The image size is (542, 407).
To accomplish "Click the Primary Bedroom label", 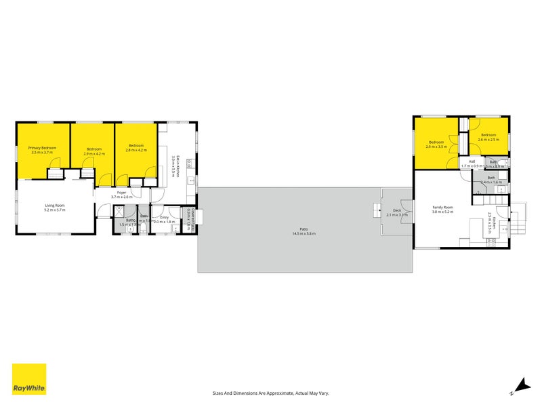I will click(x=42, y=148).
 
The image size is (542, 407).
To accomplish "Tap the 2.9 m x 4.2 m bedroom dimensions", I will click(x=94, y=153).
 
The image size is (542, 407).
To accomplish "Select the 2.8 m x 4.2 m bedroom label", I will click(x=136, y=150).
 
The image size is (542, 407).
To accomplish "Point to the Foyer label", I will click(x=121, y=193).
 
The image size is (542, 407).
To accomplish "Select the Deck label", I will click(x=397, y=210).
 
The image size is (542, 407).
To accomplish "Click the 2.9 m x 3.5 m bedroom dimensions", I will click(x=436, y=147).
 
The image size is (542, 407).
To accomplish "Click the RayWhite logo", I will click(x=29, y=380).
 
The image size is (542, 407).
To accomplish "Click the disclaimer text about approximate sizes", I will click(x=270, y=393).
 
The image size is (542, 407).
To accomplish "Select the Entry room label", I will click(x=165, y=218).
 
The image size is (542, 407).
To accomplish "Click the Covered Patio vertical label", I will click(x=191, y=218).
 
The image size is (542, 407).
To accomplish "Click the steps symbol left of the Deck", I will click(x=375, y=210).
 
